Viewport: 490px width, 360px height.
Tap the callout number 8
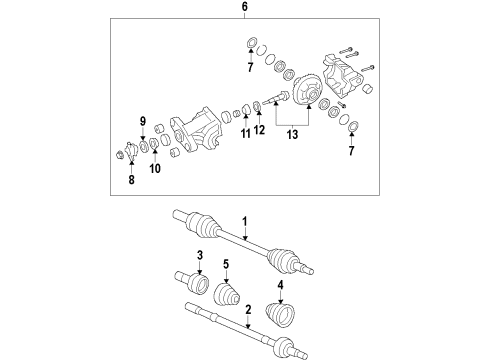(x=131, y=181)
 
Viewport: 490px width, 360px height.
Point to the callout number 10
(x=155, y=171)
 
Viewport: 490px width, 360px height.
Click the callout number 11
(x=245, y=134)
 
